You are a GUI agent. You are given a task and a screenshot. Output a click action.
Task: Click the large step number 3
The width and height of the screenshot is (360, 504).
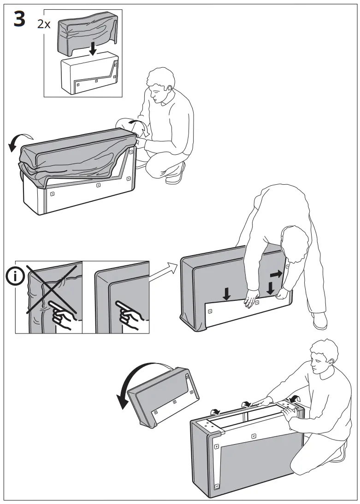(19, 20)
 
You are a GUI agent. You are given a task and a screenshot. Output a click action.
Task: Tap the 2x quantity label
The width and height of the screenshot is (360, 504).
(44, 24)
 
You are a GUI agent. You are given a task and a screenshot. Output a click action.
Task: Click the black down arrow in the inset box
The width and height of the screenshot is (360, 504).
(93, 48)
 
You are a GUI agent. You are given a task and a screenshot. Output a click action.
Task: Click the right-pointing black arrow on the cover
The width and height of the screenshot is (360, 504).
(276, 274)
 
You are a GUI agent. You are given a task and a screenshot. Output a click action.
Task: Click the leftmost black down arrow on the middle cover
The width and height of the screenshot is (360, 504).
(226, 293)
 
